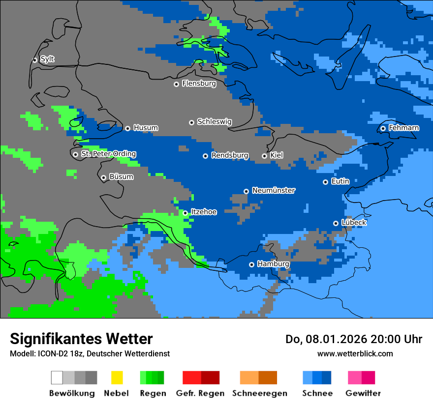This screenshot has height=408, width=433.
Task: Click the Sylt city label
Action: [x=47, y=59]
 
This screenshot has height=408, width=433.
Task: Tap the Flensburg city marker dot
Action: [x=176, y=84]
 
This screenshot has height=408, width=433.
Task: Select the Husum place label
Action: [x=146, y=128]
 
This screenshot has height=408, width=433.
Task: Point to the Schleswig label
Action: [x=214, y=122]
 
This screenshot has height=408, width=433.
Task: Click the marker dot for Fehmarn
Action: [x=383, y=129]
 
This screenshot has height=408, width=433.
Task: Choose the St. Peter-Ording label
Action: [x=108, y=154]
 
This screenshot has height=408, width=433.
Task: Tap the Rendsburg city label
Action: [x=229, y=156]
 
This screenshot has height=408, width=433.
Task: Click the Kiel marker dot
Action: [x=264, y=156]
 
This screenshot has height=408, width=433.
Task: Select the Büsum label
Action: [x=121, y=177]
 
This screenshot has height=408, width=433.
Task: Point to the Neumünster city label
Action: [x=273, y=191]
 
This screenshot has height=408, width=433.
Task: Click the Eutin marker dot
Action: [x=325, y=182]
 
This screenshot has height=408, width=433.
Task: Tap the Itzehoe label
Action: [x=203, y=212]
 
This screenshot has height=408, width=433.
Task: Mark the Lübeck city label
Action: [x=354, y=223]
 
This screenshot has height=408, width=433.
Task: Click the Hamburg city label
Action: [x=273, y=264]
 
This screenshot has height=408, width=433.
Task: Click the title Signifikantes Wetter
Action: [x=81, y=339]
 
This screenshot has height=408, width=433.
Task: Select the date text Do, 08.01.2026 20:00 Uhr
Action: [x=353, y=339]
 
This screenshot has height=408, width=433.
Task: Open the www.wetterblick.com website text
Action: [x=355, y=354]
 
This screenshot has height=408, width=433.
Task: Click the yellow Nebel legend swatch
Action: [x=117, y=378]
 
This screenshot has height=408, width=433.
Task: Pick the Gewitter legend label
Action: [x=363, y=393]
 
